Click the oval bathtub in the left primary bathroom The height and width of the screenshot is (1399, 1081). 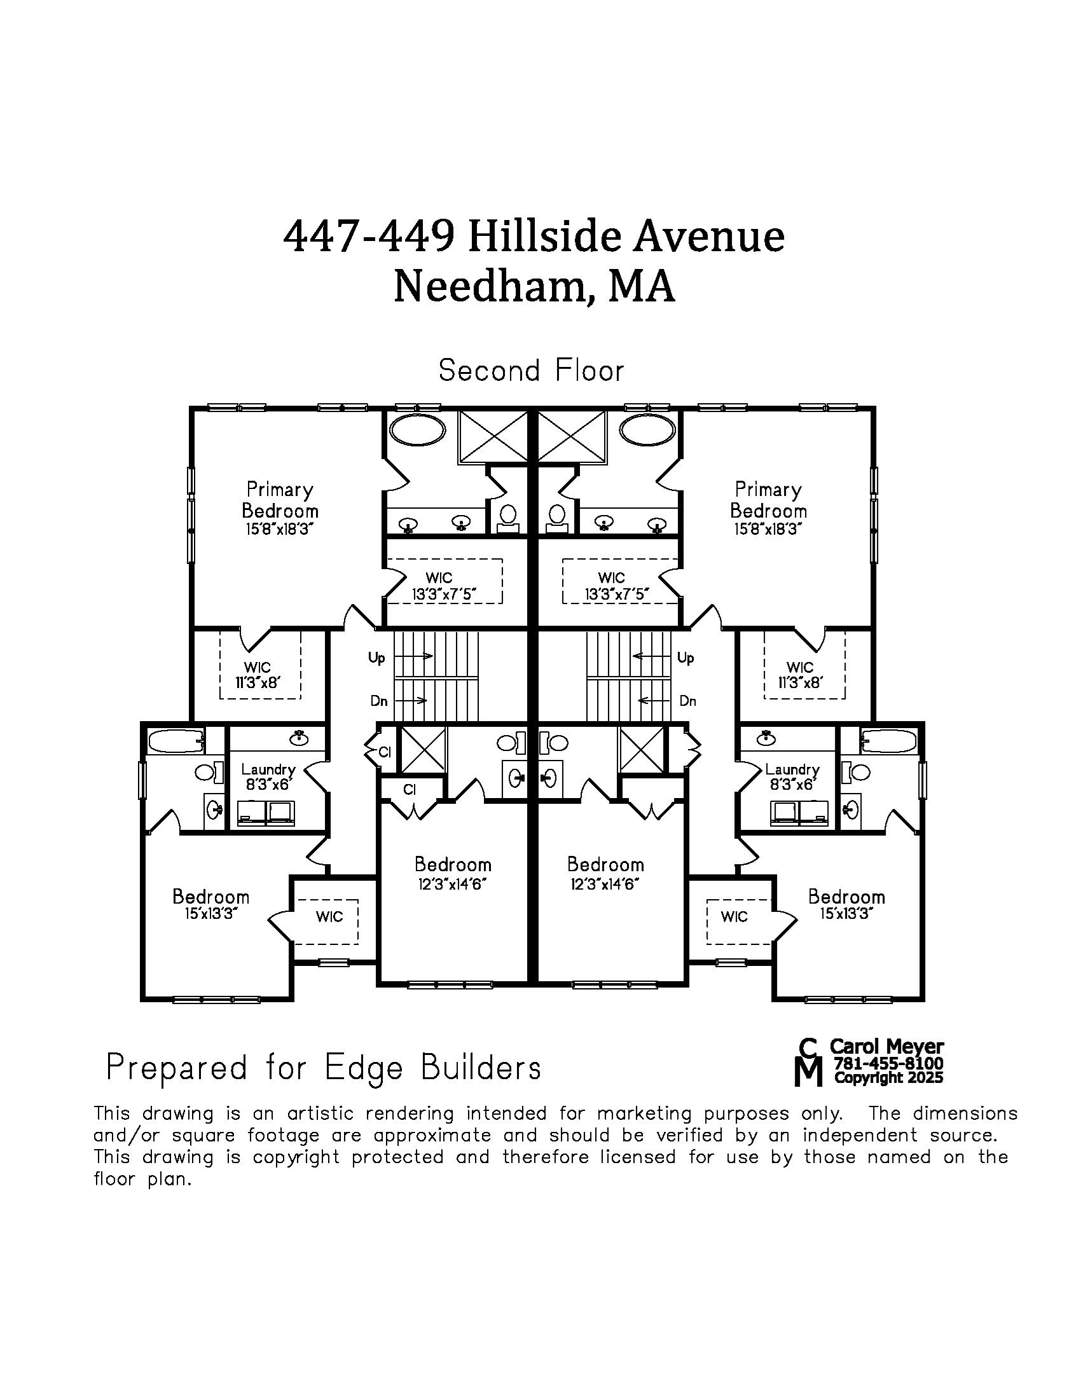(418, 429)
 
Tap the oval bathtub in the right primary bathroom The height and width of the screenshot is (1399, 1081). (647, 429)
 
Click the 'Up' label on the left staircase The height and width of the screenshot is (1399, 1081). (376, 658)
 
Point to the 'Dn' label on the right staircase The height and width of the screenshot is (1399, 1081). (687, 701)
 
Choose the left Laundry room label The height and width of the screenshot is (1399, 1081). (268, 769)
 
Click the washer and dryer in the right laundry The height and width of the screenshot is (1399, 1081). (800, 813)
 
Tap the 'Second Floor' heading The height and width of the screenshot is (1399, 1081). (531, 371)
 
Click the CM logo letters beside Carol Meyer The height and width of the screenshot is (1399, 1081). (808, 1062)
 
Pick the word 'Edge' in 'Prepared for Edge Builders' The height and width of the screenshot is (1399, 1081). (364, 1067)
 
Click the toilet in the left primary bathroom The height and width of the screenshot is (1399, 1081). (509, 515)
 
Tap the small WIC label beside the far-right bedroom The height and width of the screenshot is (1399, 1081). (734, 916)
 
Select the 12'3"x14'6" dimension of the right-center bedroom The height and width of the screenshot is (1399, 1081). (605, 885)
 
